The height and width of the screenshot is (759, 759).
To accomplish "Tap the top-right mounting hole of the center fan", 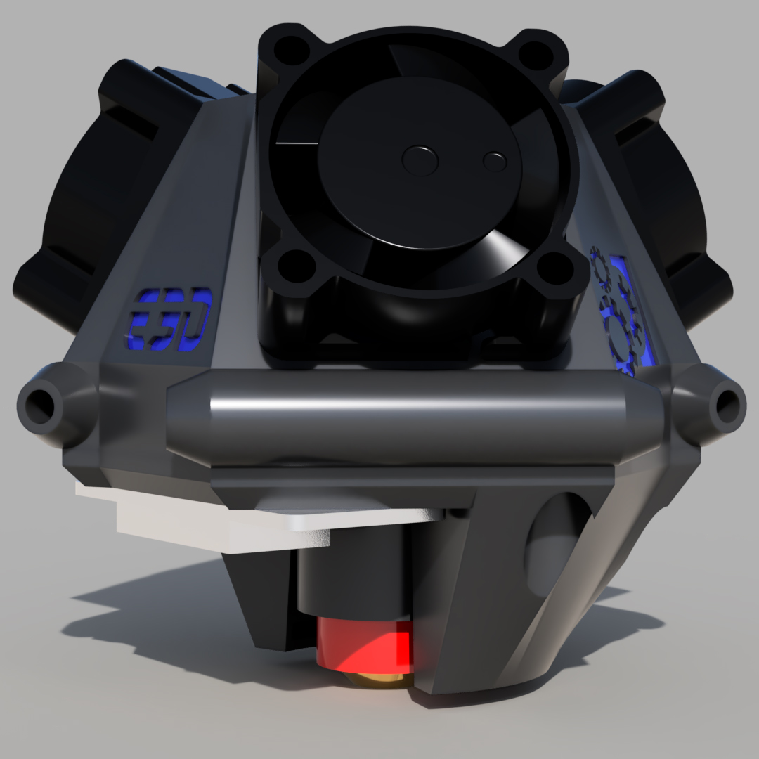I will [538, 53].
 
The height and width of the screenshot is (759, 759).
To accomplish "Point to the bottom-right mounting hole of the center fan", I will [557, 269].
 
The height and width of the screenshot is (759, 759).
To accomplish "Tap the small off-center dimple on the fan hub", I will [495, 162].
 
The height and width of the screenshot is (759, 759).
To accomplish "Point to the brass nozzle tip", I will [379, 680].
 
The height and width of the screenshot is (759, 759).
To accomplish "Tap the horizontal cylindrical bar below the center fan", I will [415, 415].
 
